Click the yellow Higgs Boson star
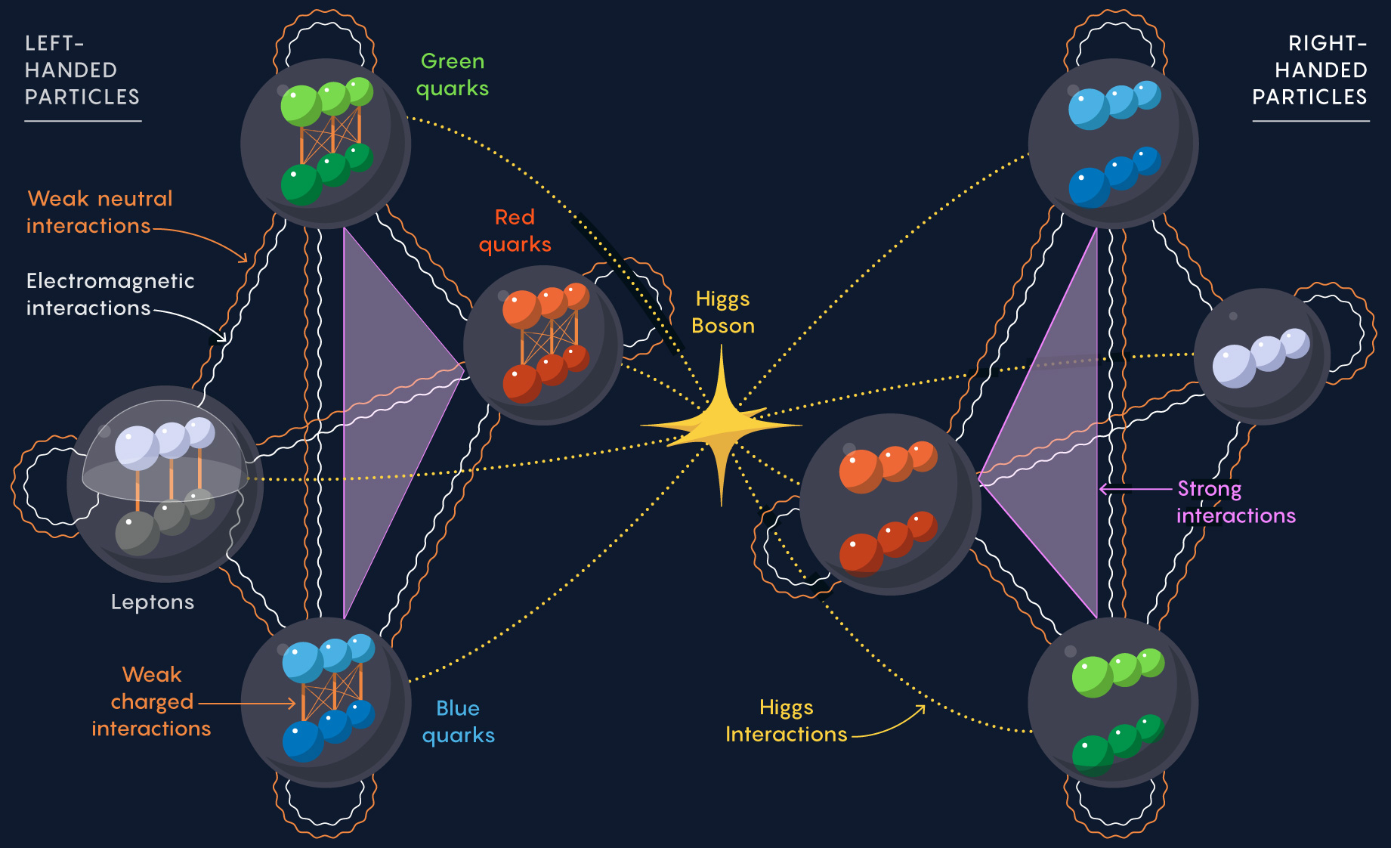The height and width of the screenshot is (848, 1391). pyautogui.click(x=722, y=426)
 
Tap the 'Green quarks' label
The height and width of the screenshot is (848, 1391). pyautogui.click(x=453, y=75)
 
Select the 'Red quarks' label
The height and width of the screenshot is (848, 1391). pyautogui.click(x=515, y=231)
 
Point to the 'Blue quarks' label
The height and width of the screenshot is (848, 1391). pyautogui.click(x=459, y=722)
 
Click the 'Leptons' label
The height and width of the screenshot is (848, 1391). pyautogui.click(x=153, y=602)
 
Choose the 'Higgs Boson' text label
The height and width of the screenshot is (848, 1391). pyautogui.click(x=723, y=312)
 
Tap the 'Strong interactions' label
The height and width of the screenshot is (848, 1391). pyautogui.click(x=1236, y=502)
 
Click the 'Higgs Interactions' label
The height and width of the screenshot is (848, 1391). pyautogui.click(x=787, y=720)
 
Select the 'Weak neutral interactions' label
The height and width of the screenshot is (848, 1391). pyautogui.click(x=100, y=212)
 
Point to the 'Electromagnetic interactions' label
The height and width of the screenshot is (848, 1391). pyautogui.click(x=110, y=294)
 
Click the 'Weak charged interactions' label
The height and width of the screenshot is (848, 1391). pyautogui.click(x=151, y=701)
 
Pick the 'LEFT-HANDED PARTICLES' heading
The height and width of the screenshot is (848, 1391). pyautogui.click(x=82, y=70)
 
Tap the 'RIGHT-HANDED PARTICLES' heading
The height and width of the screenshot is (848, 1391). pyautogui.click(x=1309, y=70)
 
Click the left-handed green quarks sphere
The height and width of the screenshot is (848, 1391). pyautogui.click(x=326, y=144)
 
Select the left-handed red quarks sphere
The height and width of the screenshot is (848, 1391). pyautogui.click(x=543, y=345)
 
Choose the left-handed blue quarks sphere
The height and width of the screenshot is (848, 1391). pyautogui.click(x=326, y=703)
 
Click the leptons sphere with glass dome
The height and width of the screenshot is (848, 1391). pyautogui.click(x=165, y=484)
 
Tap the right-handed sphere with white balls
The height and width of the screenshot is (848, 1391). pyautogui.click(x=1262, y=357)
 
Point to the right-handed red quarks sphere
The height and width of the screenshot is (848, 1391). pyautogui.click(x=891, y=504)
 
